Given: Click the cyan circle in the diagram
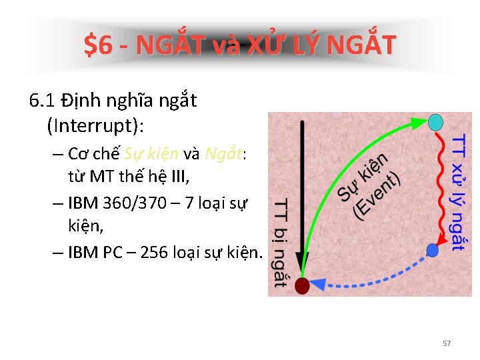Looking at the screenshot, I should [x=436, y=122].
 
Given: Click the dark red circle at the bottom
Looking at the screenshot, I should [x=303, y=286].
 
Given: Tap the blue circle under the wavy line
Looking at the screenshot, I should [x=433, y=251].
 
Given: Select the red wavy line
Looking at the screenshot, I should [x=440, y=187].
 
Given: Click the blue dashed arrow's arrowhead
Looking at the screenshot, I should [x=319, y=283].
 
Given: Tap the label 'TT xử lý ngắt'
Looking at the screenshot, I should [x=459, y=193].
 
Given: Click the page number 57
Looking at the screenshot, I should [x=447, y=343].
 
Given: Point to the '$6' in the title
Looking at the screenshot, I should [x=98, y=45].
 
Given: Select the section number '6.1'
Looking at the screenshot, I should [x=42, y=101].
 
